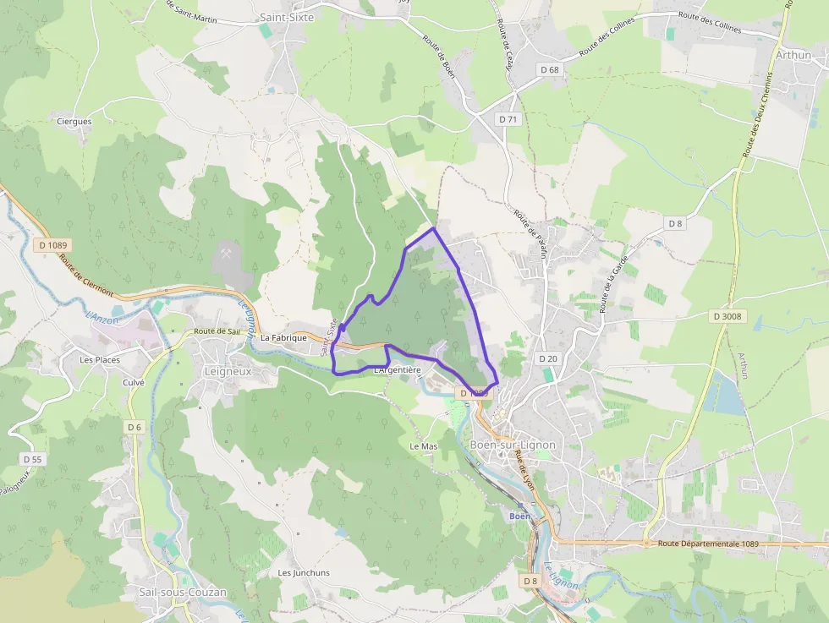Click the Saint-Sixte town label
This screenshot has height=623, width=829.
coord(287,17)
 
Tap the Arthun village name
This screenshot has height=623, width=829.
coord(793,55)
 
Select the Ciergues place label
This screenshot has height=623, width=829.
coord(74,121)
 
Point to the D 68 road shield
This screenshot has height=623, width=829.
coord(549,69)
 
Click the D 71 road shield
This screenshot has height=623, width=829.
coord(508,119)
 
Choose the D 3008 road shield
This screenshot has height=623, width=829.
coord(727,316)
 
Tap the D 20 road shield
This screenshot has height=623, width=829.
coord(547,358)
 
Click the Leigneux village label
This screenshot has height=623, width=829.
coord(228,370)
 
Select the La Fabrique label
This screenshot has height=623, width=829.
coord(283,337)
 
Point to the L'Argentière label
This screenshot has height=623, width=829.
coord(397,369)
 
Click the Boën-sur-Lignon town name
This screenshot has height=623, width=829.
coord(512,445)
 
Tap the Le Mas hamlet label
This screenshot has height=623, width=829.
coord(424,445)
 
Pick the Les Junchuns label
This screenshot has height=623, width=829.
coord(304,572)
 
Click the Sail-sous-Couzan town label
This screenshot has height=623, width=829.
coord(183,592)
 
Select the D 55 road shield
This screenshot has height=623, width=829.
coord(32,459)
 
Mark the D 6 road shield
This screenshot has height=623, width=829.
coord(135,427)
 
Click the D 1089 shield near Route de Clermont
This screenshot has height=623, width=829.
coord(52,245)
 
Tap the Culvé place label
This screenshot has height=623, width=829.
coord(135,382)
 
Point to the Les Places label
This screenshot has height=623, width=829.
coord(100,359)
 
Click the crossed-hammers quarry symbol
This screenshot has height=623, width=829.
coord(227,252)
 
